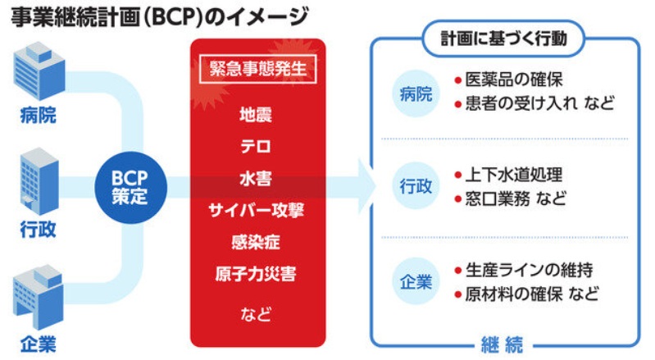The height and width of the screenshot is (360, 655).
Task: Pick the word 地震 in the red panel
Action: (257, 115)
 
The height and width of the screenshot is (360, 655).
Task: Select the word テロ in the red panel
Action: (257, 147)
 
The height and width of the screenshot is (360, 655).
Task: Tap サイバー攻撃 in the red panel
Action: (257, 211)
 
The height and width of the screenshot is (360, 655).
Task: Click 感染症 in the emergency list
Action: (257, 242)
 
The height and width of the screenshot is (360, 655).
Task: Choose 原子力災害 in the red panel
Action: (257, 273)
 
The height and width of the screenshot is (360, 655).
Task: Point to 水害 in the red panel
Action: (257, 179)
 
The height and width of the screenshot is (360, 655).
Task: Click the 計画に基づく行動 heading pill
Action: (505, 39)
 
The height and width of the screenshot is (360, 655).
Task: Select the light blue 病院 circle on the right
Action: (414, 93)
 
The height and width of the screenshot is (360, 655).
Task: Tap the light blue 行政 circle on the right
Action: (414, 187)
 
